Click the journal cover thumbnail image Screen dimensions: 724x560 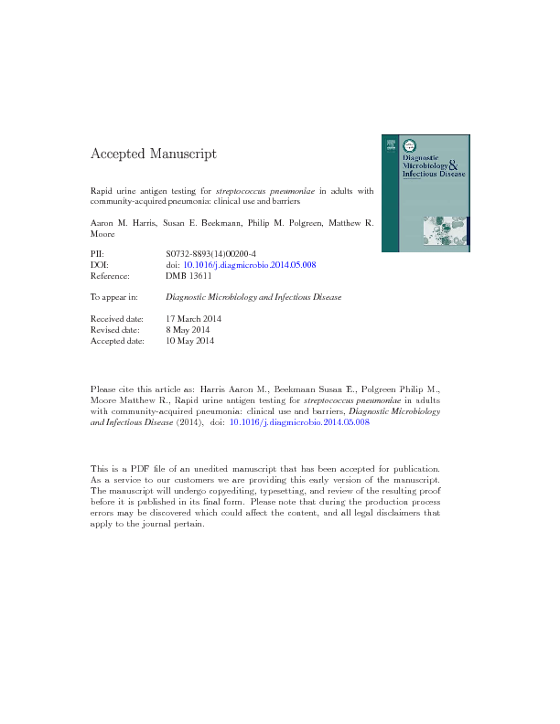click(x=425, y=192)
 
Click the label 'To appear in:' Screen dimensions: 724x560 click(x=114, y=297)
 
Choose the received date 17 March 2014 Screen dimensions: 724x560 click(x=194, y=319)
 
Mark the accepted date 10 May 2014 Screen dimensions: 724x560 click(x=189, y=341)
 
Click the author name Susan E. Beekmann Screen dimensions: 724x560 click(x=205, y=222)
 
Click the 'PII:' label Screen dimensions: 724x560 click(x=98, y=253)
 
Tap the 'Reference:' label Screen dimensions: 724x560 click(x=110, y=275)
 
